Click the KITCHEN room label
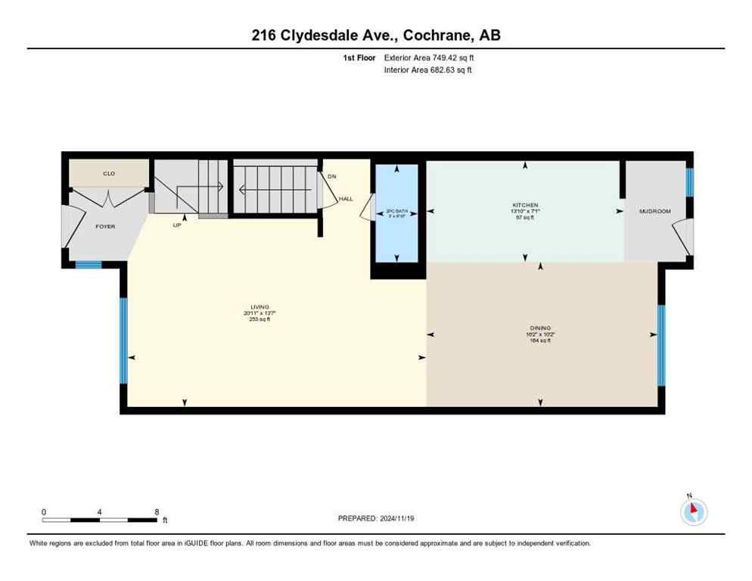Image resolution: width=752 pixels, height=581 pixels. (525, 205)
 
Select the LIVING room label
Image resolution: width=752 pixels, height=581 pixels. (256, 307)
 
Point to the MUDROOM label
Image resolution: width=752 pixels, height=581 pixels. (655, 211)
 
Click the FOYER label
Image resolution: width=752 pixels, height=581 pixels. (105, 226)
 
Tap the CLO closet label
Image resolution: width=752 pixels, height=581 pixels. (109, 173)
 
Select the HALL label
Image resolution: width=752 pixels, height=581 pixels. (346, 199)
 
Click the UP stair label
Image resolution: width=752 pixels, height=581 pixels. (177, 225)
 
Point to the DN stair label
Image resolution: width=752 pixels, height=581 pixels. (331, 177)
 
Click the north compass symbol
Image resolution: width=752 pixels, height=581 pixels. (692, 511)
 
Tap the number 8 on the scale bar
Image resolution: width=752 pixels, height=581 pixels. (157, 511)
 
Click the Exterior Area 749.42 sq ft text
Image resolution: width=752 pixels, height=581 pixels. (429, 57)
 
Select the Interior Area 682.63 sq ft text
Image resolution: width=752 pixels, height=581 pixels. (429, 70)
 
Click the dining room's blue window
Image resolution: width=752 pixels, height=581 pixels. (660, 345)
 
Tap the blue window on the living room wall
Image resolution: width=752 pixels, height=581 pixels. (123, 340)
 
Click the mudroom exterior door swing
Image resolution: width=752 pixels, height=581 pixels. (685, 237)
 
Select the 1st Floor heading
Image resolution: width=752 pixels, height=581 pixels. (359, 57)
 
